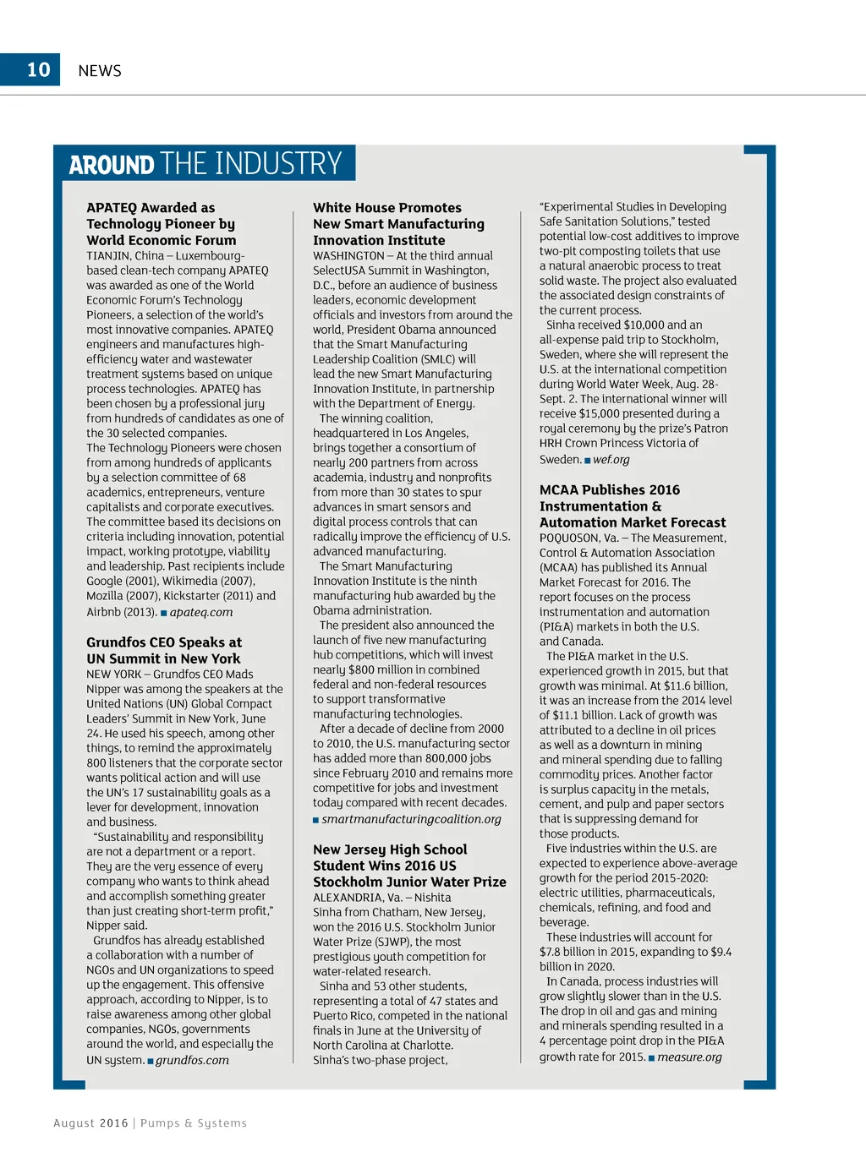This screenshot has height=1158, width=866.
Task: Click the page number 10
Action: [39, 70]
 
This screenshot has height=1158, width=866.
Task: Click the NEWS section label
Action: [100, 71]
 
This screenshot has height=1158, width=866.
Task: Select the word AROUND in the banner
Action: [112, 165]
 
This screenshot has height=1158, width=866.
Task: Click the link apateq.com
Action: [201, 613]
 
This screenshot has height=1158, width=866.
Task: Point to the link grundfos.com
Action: [192, 1060]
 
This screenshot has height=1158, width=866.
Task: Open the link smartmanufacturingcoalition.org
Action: [411, 819]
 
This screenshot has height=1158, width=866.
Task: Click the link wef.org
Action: [611, 460]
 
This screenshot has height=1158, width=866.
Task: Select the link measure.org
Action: [689, 1057]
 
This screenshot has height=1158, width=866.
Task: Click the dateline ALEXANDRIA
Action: [348, 898]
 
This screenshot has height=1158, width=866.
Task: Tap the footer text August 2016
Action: [90, 1123]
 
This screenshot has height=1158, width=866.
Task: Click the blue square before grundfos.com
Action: [151, 1061]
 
